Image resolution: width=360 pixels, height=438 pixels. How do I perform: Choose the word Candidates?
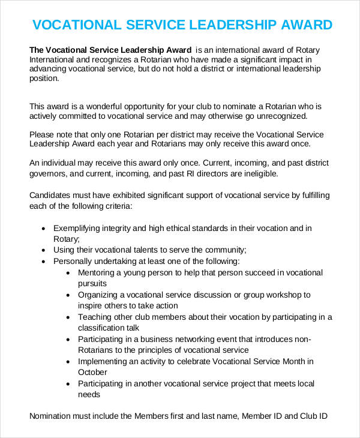[x=50, y=196]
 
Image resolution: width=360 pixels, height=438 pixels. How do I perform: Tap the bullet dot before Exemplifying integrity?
[x=43, y=229]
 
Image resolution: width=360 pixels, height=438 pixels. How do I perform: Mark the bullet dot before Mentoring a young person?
[x=68, y=272]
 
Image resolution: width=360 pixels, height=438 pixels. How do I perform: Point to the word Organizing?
[x=99, y=295]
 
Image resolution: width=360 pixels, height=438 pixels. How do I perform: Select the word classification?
[x=106, y=328]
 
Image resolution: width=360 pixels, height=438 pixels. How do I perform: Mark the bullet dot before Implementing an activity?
[x=68, y=362]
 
